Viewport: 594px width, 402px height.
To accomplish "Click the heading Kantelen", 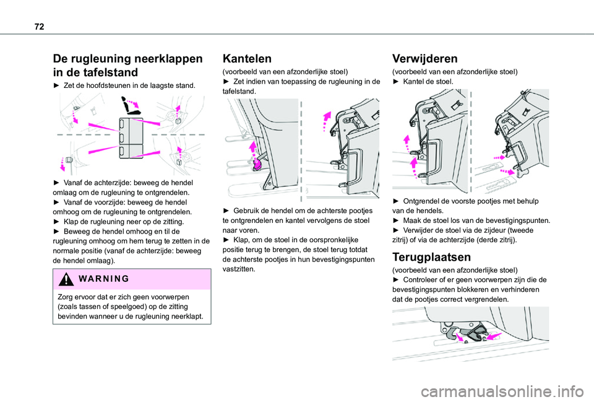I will coord(246,59).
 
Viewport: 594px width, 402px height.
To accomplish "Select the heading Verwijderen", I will coord(425,59).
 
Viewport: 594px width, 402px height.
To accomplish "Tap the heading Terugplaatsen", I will coord(432,256).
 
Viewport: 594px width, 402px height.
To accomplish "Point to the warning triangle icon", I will coord(59,278).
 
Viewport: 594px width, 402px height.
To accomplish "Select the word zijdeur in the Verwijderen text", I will coord(500,229).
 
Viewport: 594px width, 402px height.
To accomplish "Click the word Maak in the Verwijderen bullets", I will coord(413,220).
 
